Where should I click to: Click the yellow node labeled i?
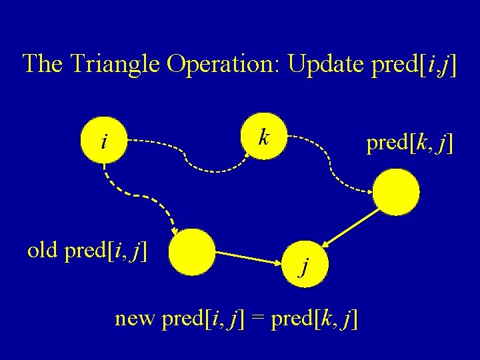tap(103, 141)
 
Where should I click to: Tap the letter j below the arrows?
tap(304, 267)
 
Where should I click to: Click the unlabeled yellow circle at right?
tap(396, 193)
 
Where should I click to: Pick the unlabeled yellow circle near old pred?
tap(192, 252)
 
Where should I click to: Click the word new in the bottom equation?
tap(137, 319)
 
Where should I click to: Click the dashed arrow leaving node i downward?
tap(140, 199)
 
